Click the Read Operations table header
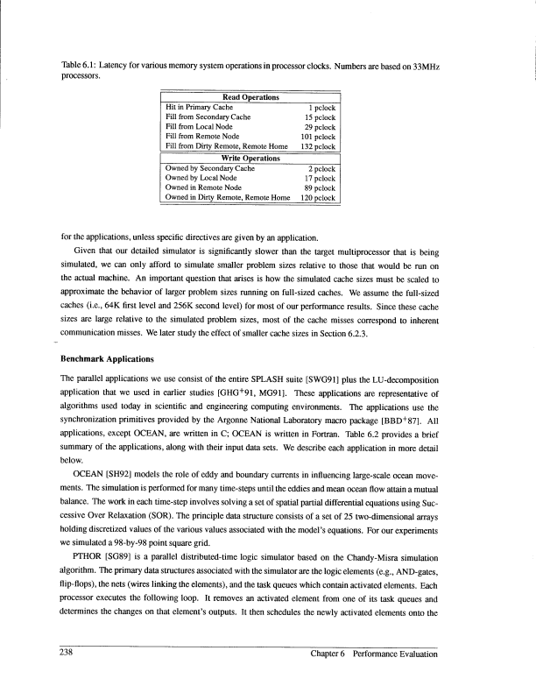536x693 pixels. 246,96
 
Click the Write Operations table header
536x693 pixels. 246,158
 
